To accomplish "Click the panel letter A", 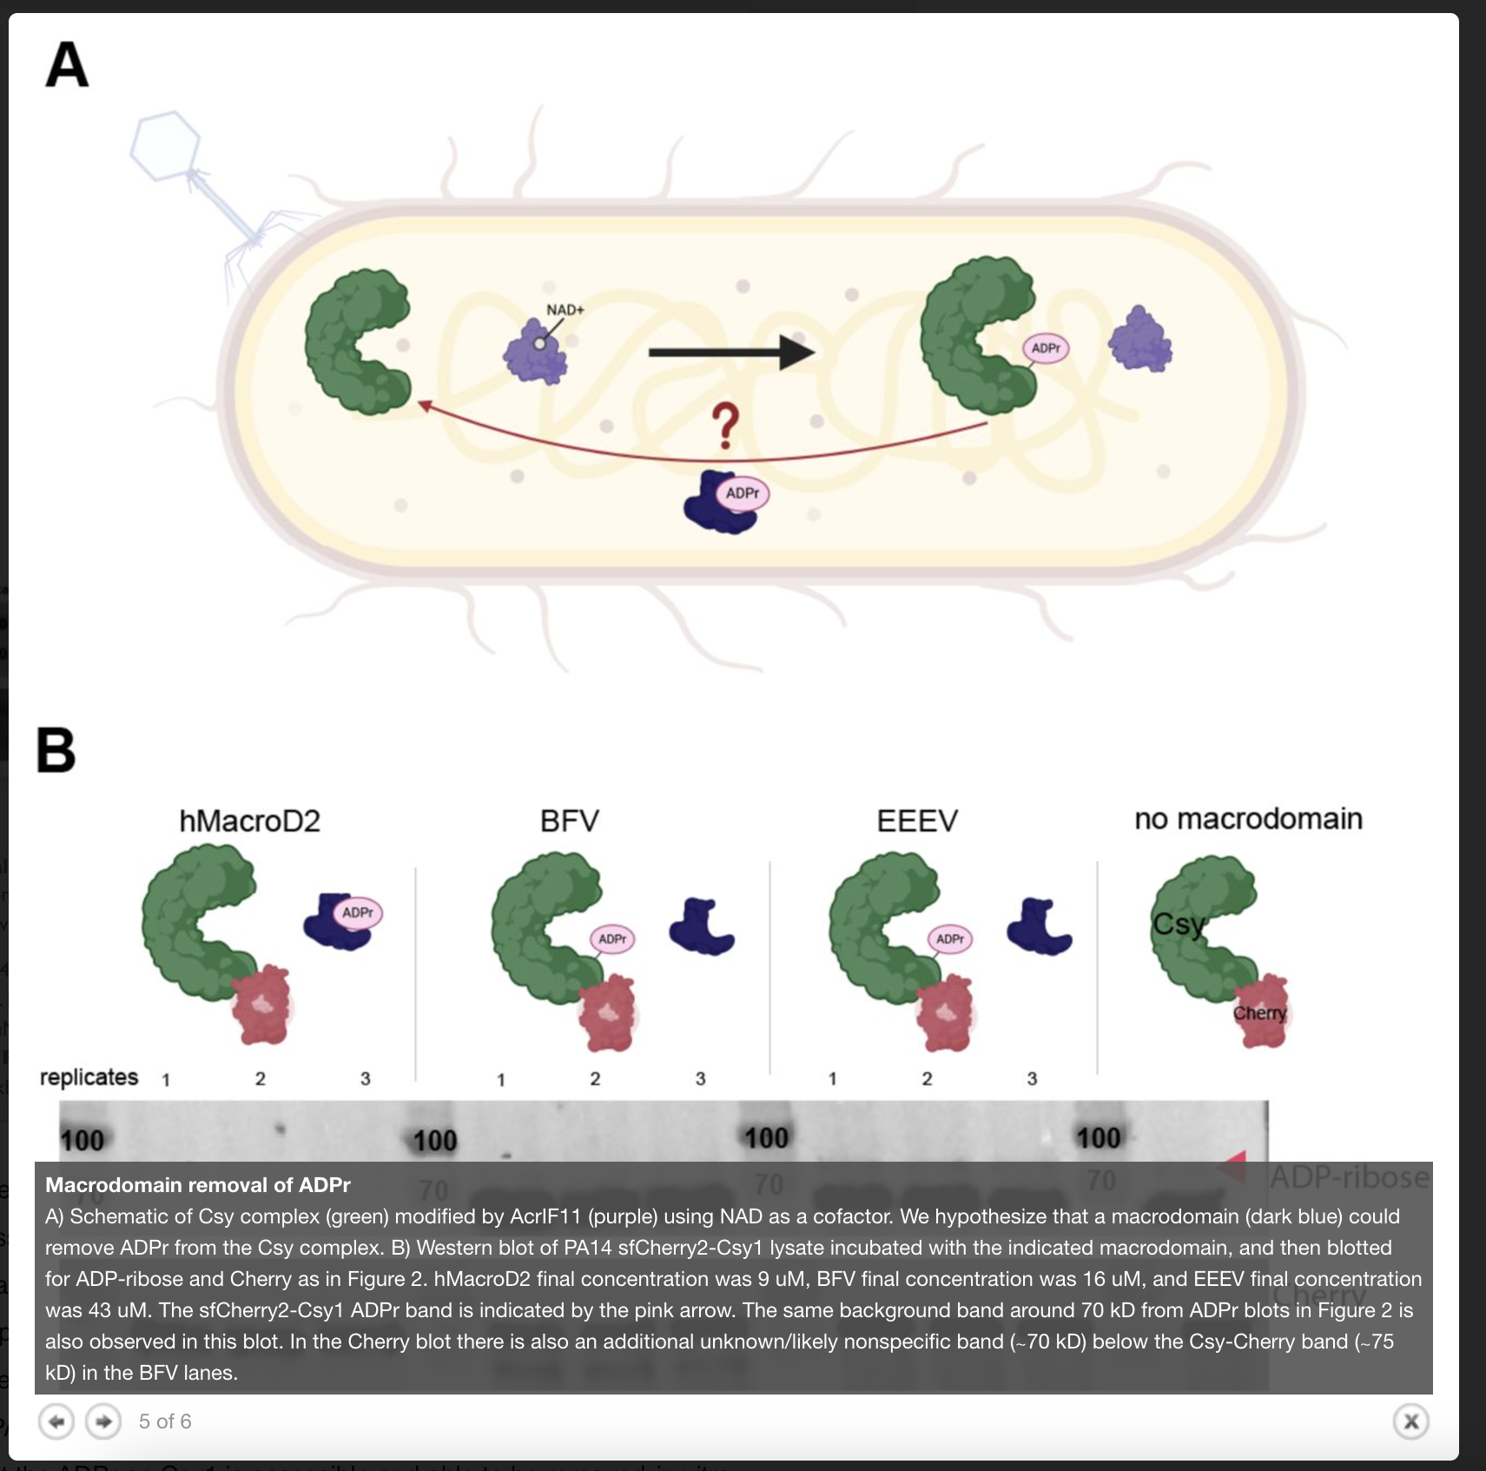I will (x=67, y=65).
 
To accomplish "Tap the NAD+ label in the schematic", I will (x=565, y=310).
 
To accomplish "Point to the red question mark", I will (x=725, y=426).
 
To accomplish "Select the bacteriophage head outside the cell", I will (x=166, y=145).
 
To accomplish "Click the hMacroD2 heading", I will (x=249, y=821).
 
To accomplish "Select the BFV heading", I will (x=569, y=821).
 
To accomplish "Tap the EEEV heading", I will (x=916, y=821).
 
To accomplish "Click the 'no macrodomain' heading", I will (x=1248, y=818).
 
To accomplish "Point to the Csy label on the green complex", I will (x=1179, y=924).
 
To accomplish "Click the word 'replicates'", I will (x=89, y=1077).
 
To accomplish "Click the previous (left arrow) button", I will (x=56, y=1421).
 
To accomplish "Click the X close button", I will (x=1411, y=1421).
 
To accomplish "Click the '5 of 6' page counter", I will (x=165, y=1421).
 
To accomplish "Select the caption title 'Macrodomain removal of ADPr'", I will (x=198, y=1185).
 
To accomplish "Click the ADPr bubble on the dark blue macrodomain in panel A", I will (x=743, y=494).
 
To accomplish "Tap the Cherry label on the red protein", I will (x=1259, y=1013).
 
